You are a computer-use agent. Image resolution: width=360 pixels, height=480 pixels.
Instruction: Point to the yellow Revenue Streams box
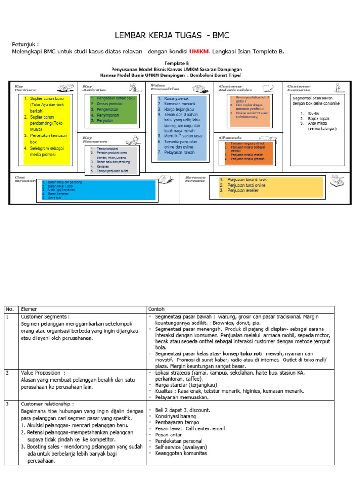(271, 187)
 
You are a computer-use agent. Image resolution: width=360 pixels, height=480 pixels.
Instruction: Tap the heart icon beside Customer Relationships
(268, 88)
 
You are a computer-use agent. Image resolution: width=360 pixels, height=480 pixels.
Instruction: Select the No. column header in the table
(10, 309)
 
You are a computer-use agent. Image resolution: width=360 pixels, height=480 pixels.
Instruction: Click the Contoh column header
(156, 309)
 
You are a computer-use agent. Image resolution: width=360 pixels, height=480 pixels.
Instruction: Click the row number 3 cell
(8, 404)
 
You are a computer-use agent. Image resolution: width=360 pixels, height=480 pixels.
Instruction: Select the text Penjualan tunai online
(247, 185)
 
